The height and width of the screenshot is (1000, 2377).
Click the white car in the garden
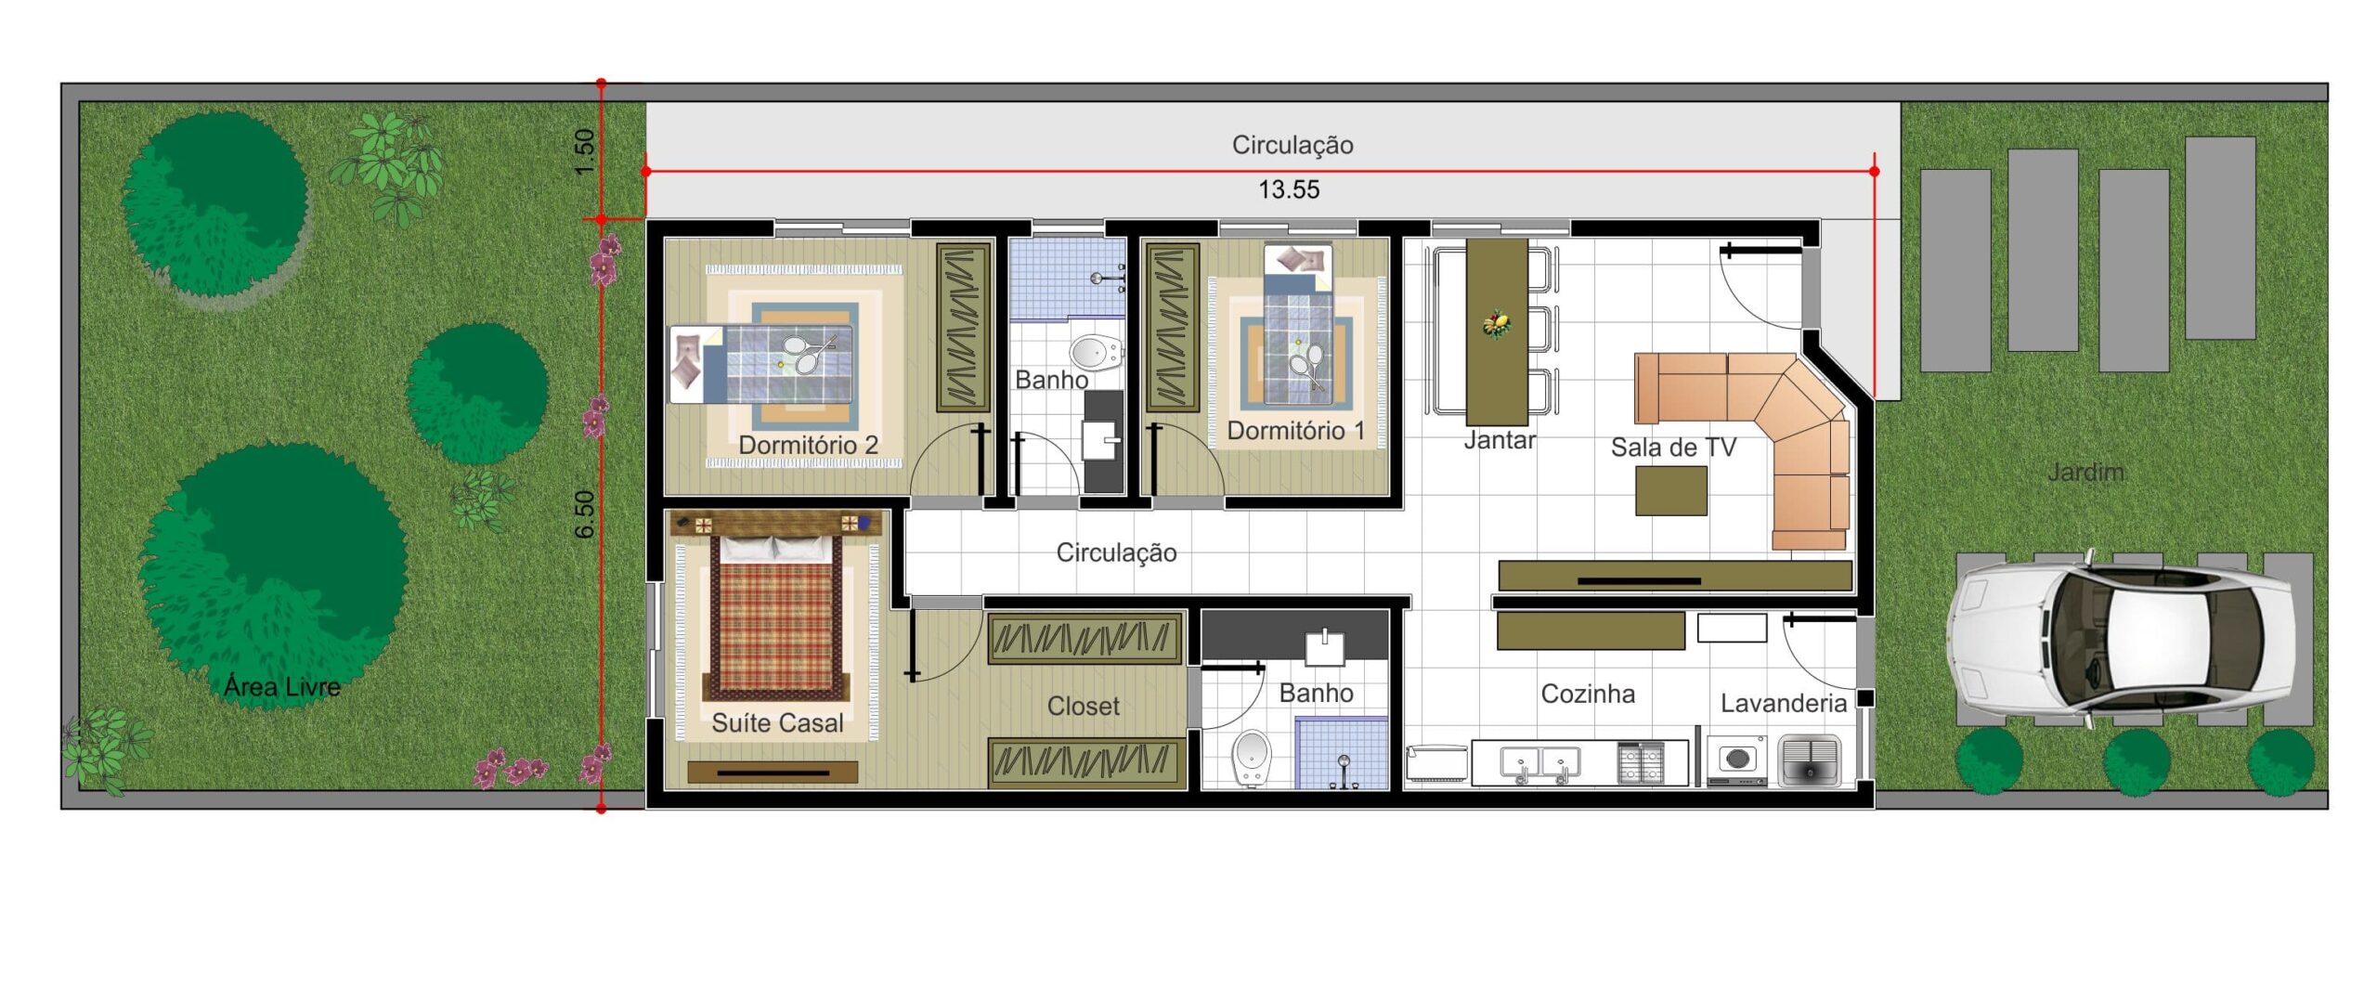point(2121,638)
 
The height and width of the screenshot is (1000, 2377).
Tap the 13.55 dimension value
point(1289,190)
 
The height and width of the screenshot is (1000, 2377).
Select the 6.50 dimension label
point(584,513)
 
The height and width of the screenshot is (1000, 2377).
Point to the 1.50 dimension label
point(584,151)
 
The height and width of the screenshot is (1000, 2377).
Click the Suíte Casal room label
point(777,723)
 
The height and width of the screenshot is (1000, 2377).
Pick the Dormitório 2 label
point(808,446)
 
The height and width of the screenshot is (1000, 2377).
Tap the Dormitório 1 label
point(1296,431)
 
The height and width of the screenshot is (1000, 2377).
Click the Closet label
point(1084,707)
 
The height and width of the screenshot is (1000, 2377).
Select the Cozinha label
point(1588,695)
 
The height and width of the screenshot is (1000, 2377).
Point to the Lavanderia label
point(1783,704)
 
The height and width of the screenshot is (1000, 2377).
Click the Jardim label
point(2085,473)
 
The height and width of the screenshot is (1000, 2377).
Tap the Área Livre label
point(281,687)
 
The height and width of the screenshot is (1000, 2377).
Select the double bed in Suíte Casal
point(776,617)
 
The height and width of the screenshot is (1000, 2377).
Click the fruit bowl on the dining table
point(1496,325)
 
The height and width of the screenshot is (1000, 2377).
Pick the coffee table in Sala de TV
point(1671,490)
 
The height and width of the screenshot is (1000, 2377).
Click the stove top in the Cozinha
point(1641,763)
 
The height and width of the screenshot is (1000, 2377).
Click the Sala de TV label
point(1673,448)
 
